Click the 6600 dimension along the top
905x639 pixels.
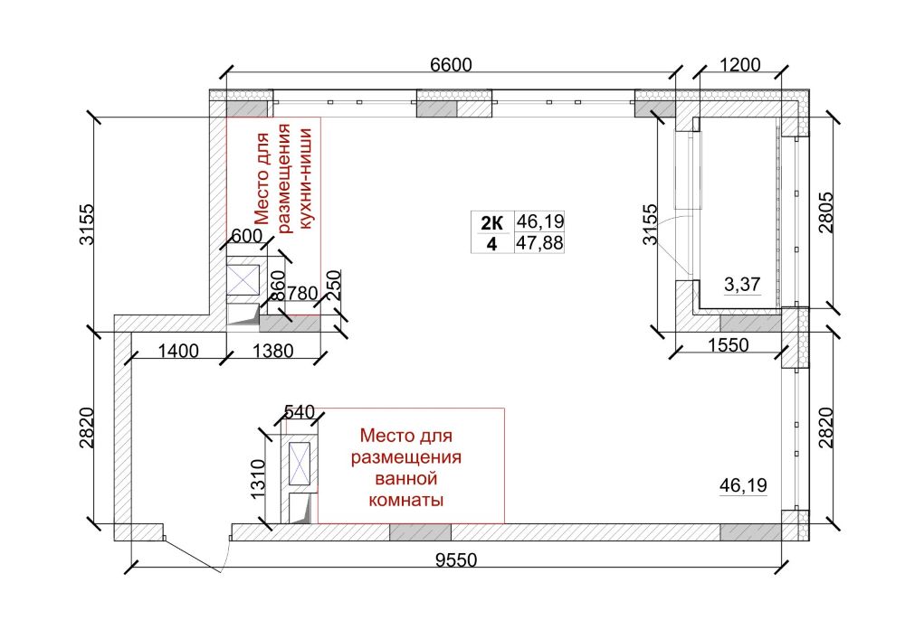[452, 65]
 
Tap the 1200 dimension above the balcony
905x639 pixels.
[739, 65]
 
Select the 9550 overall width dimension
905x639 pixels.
[455, 560]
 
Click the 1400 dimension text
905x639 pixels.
[177, 352]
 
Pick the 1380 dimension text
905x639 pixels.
[271, 352]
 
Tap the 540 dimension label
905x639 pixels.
[299, 412]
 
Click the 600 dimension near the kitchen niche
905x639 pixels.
[246, 236]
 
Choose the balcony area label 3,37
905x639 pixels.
[742, 286]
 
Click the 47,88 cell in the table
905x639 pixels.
[538, 242]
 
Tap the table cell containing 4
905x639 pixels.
[491, 243]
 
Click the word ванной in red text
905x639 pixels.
[406, 477]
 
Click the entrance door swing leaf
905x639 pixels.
[193, 555]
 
